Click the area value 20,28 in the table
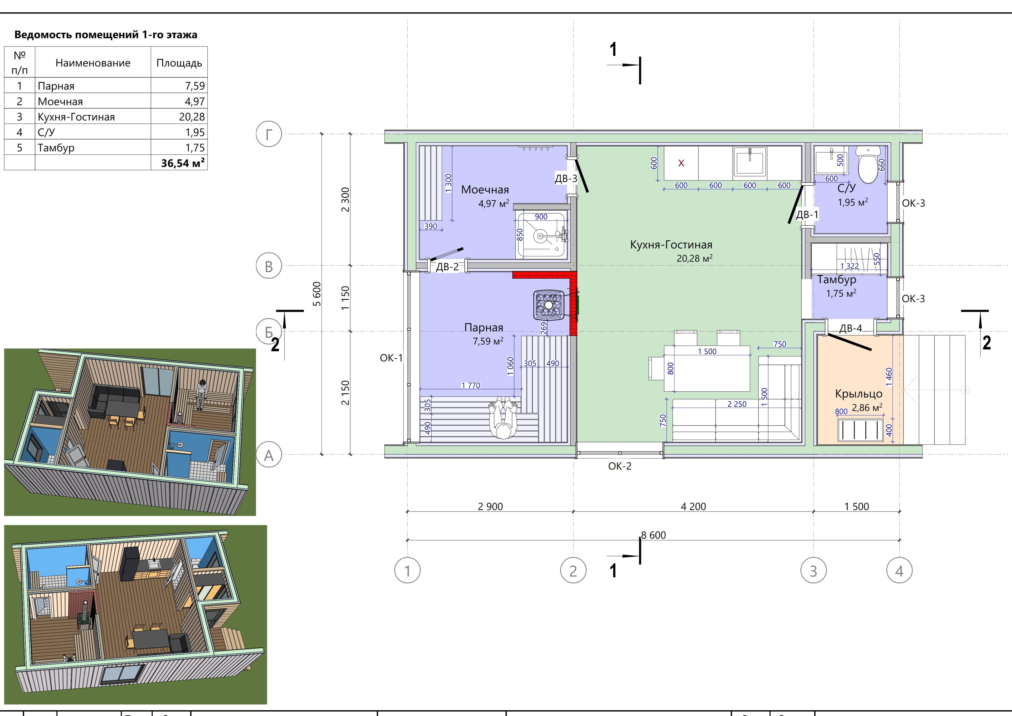(192, 117)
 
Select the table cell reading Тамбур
(56, 148)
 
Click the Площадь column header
(179, 63)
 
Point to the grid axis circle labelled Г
(269, 134)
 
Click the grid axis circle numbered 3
(813, 570)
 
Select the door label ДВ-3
(566, 178)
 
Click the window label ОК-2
(620, 466)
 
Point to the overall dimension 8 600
(653, 535)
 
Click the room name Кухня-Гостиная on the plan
(671, 245)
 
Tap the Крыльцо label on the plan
(859, 394)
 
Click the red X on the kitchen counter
(681, 163)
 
